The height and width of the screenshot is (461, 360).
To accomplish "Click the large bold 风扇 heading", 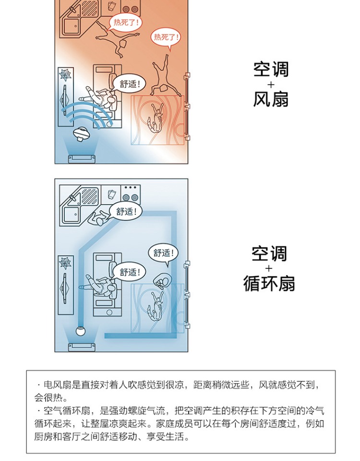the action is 271,99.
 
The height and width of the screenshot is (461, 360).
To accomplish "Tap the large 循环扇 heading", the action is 269,283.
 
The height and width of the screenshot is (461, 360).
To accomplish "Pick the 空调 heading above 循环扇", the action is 269,254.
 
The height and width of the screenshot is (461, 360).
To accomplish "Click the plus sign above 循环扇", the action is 269,268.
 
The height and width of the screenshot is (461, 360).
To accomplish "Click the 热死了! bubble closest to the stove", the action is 126,22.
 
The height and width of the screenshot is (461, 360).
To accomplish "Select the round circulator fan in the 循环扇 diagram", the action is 81,330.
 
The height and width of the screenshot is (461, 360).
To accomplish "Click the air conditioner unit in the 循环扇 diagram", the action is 81,347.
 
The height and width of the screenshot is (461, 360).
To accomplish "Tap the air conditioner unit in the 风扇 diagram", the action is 81,158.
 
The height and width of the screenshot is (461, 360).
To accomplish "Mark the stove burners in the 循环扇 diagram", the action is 130,193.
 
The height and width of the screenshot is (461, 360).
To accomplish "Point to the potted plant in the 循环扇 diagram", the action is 65,263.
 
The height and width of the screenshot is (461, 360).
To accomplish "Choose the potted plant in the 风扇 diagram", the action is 65,75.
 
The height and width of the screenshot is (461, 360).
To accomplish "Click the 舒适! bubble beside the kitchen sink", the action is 126,211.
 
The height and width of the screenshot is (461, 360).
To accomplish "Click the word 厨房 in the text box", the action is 44,437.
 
